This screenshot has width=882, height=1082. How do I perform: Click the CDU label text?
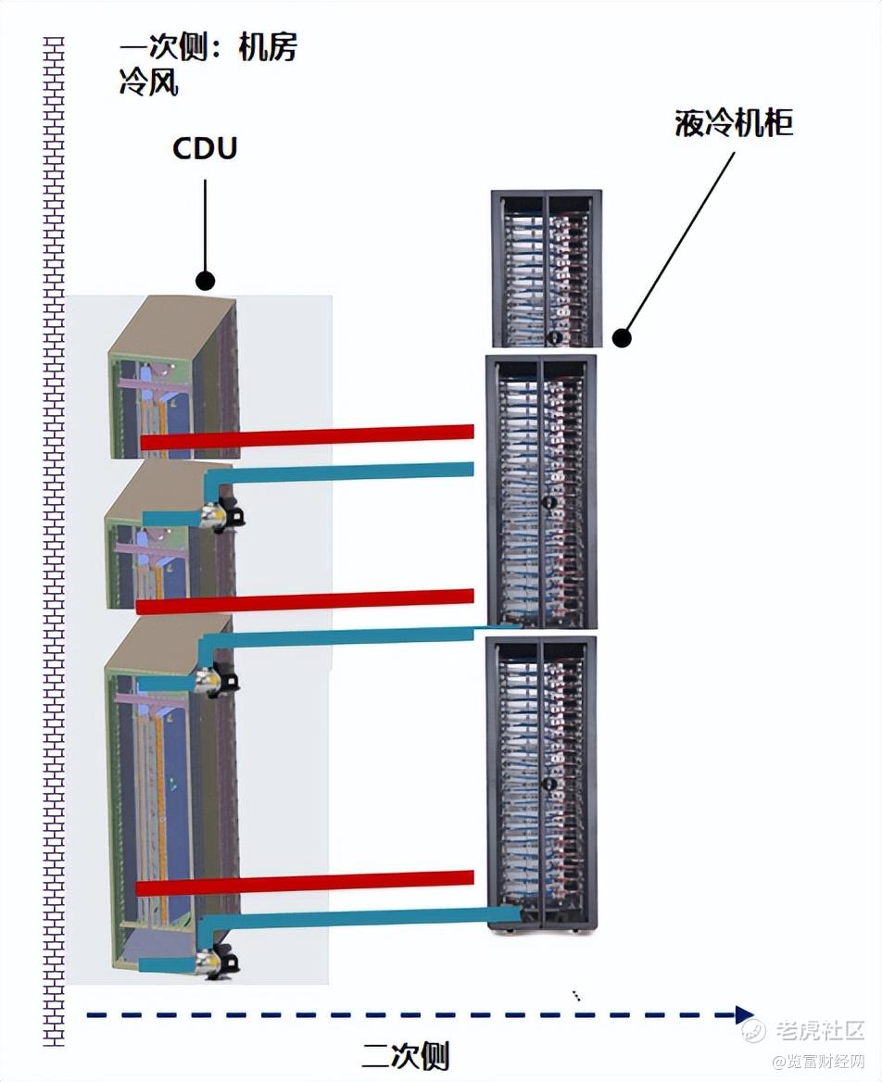[x=205, y=148]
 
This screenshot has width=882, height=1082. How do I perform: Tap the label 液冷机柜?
[x=734, y=124]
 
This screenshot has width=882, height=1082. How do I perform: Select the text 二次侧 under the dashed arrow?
[x=405, y=1056]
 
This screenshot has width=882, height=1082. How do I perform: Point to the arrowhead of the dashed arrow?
[x=745, y=1014]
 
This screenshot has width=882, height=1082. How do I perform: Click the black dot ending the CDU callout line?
[x=206, y=280]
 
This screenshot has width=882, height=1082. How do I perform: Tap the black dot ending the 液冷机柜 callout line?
[x=623, y=338]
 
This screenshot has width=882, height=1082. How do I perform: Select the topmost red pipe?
[x=306, y=436]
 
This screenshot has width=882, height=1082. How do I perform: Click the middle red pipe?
[x=306, y=600]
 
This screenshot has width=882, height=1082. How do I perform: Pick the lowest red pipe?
[x=306, y=882]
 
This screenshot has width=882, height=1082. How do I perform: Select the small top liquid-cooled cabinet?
[x=547, y=269]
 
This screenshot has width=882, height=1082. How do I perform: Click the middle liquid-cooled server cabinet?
[x=542, y=491]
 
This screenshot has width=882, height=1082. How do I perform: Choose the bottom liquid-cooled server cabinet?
[x=542, y=783]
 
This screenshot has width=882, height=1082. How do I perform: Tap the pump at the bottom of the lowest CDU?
[x=219, y=962]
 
